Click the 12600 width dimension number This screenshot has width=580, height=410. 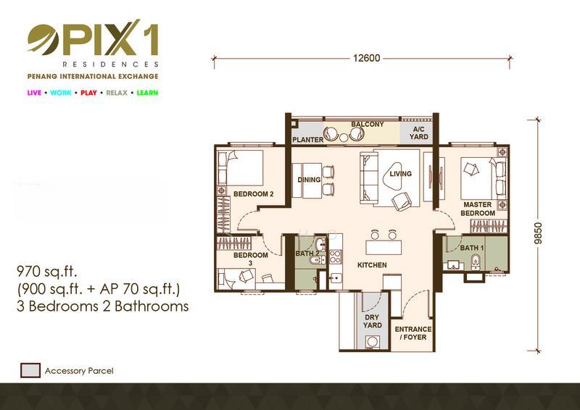pyautogui.click(x=367, y=59)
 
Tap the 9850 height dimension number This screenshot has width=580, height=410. pyautogui.click(x=539, y=233)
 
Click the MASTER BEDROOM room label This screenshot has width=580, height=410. pyautogui.click(x=478, y=209)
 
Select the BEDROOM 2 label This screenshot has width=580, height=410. pyautogui.click(x=253, y=194)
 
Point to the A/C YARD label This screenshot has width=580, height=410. pyautogui.click(x=419, y=133)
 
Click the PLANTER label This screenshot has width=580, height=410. pyautogui.click(x=307, y=140)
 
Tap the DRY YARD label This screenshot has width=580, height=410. pyautogui.click(x=372, y=322)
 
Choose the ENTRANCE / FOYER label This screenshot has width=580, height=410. pyautogui.click(x=413, y=333)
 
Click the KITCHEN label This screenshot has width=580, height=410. pyautogui.click(x=372, y=265)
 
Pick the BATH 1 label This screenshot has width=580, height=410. pyautogui.click(x=472, y=248)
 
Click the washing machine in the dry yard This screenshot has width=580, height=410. pyautogui.click(x=370, y=342)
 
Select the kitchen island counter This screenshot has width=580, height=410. pyautogui.click(x=384, y=247)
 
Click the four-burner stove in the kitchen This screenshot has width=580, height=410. pyautogui.click(x=335, y=256)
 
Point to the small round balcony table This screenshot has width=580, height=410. pyautogui.click(x=344, y=138)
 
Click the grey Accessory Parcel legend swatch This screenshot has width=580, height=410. pyautogui.click(x=30, y=370)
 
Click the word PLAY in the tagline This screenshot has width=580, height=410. pyautogui.click(x=88, y=93)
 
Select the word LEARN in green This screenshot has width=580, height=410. pyautogui.click(x=147, y=93)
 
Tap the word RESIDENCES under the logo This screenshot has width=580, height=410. pyautogui.click(x=111, y=64)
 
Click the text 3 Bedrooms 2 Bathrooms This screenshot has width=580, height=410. pyautogui.click(x=103, y=306)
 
